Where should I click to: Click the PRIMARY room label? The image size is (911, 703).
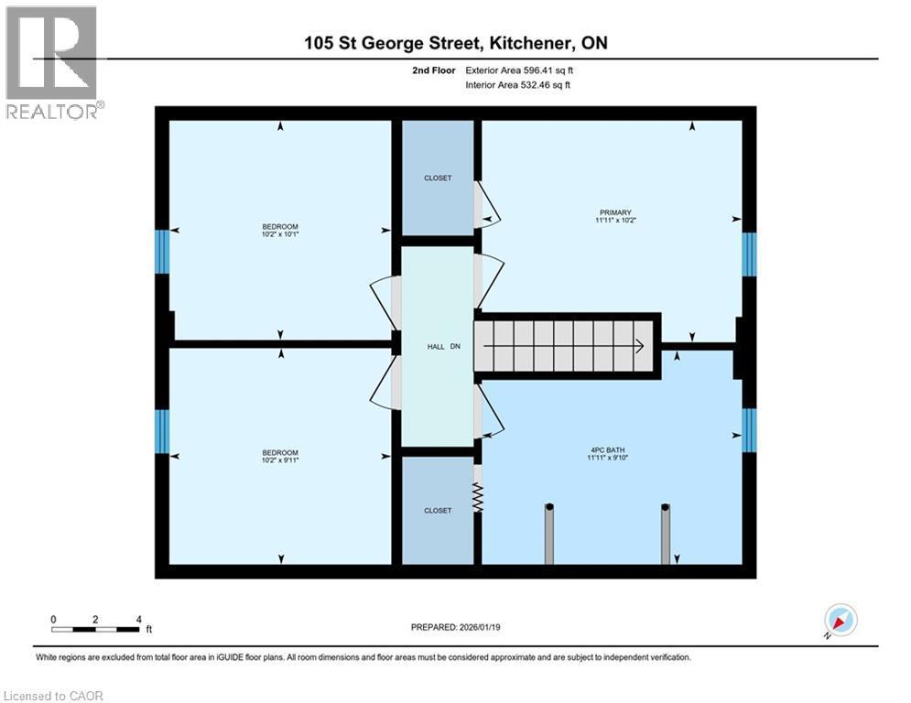point(611,212)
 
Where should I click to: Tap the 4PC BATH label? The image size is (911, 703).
point(611,449)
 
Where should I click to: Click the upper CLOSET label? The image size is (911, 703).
point(438,178)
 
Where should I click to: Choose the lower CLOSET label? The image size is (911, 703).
point(438,510)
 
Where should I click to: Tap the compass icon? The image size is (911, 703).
point(840,620)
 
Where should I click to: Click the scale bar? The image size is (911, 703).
point(95,629)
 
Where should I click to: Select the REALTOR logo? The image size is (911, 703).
point(52,62)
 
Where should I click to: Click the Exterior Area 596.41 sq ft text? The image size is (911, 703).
point(521,70)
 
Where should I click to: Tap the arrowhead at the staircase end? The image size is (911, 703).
point(638,346)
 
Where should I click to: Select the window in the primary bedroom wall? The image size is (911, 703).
point(748,254)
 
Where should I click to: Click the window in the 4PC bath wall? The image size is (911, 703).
point(748,430)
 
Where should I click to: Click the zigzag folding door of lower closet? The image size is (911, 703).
point(476,498)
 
